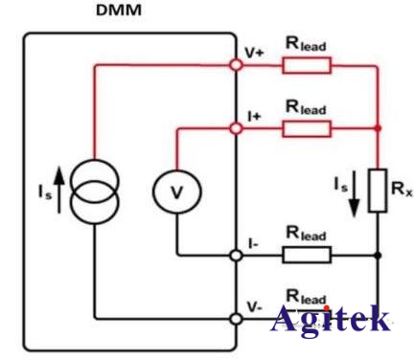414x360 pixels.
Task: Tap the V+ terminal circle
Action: [236, 65]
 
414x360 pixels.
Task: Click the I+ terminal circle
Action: [236, 127]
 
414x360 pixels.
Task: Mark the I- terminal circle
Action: [236, 255]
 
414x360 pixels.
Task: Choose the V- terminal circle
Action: [236, 317]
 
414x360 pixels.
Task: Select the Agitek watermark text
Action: [330, 319]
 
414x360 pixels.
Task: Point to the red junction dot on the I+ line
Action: [379, 127]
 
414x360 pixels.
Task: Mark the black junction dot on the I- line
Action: [379, 255]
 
